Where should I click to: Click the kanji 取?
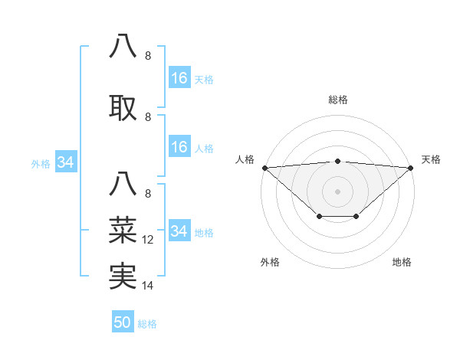123,108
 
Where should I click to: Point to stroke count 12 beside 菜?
148,240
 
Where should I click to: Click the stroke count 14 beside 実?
148,286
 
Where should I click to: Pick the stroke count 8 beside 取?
148,117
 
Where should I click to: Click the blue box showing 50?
123,322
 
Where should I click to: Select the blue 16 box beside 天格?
179,78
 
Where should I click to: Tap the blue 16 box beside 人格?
179,147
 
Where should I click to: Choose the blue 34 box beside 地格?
179,231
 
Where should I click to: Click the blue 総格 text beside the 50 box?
147,324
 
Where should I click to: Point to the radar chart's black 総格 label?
337,100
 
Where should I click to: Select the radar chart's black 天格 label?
431,159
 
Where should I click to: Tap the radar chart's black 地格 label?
402,263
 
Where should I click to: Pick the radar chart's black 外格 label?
270,263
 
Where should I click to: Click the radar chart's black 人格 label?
245,159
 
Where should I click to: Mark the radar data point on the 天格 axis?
411,168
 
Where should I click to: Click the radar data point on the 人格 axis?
264,168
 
